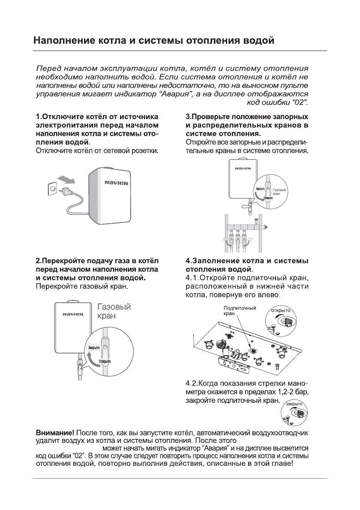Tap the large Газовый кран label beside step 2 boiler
(114, 311)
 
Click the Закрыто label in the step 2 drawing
(93, 348)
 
